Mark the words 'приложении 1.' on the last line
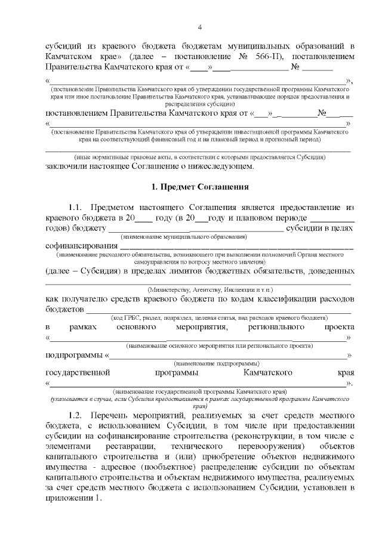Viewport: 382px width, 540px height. [x=73, y=499]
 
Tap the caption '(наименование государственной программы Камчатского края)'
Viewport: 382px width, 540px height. [x=199, y=392]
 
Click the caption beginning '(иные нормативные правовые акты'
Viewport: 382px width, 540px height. [x=199, y=157]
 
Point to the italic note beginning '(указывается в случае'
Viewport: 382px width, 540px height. [x=199, y=401]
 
